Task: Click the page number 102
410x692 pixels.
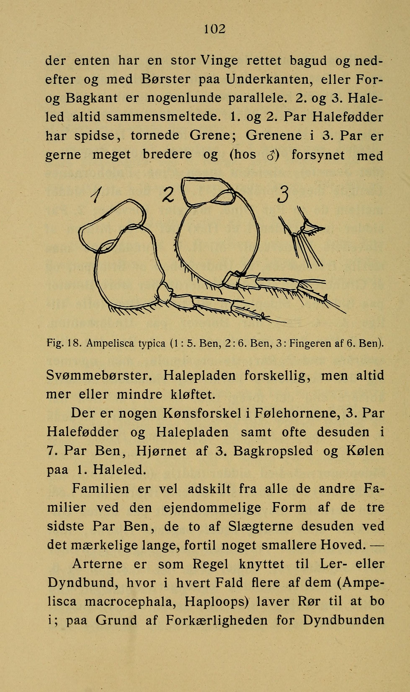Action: (x=215, y=29)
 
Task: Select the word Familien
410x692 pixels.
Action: (x=101, y=488)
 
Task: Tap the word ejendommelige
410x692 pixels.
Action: (x=212, y=507)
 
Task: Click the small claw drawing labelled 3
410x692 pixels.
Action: (x=304, y=237)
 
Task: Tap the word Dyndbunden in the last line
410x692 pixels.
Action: (x=343, y=620)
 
